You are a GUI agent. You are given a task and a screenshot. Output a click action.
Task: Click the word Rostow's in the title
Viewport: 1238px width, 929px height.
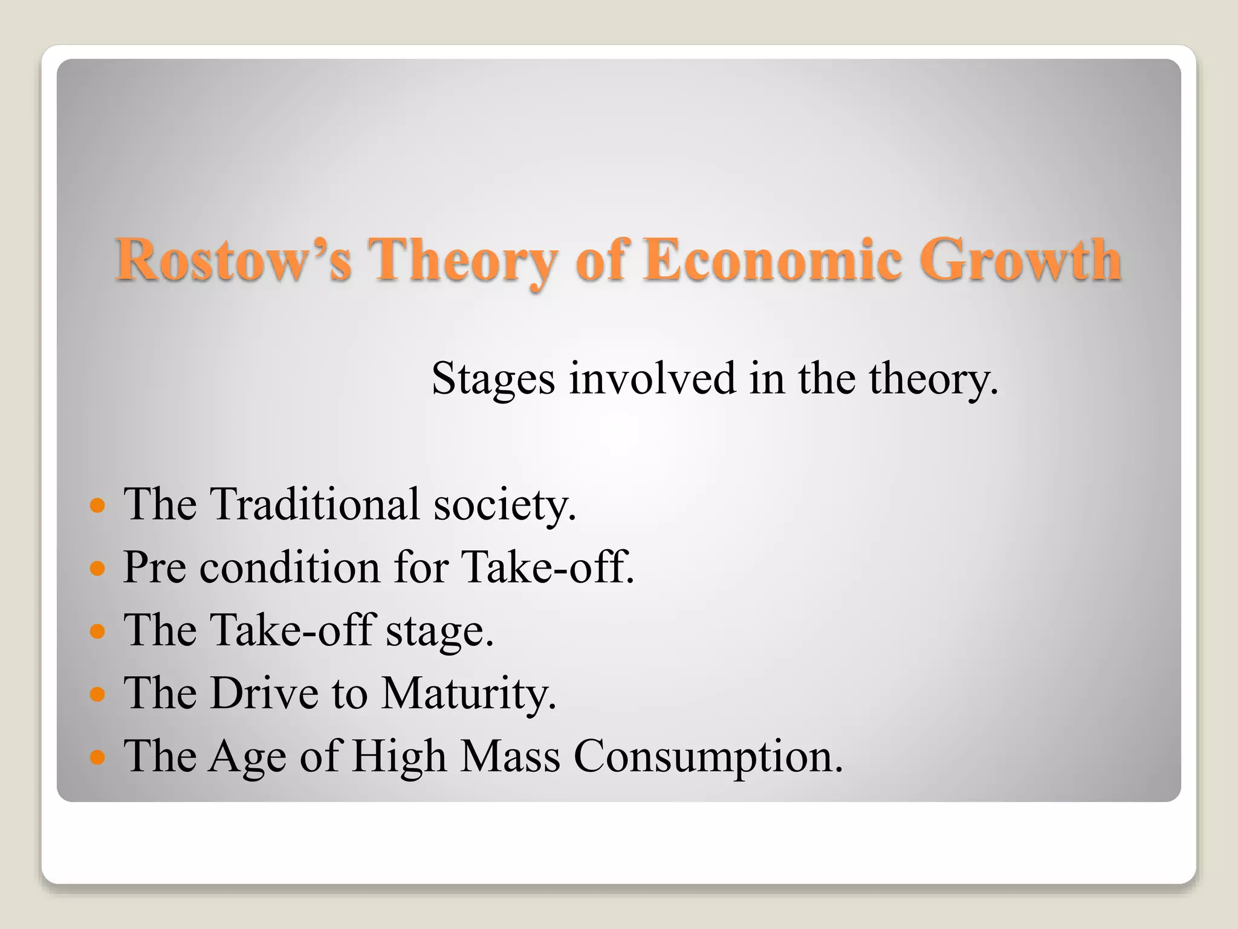click(x=233, y=260)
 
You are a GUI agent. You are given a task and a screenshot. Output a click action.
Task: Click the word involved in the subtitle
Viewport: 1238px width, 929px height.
click(x=652, y=379)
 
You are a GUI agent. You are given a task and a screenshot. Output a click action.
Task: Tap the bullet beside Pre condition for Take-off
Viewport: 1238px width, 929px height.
click(x=97, y=568)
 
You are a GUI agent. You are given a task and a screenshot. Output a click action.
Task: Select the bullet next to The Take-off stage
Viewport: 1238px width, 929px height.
click(x=97, y=631)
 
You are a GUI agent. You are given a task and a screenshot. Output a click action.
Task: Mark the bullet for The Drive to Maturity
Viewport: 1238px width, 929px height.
click(x=97, y=694)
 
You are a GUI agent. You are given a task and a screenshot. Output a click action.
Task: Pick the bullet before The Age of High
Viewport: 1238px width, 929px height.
click(x=97, y=757)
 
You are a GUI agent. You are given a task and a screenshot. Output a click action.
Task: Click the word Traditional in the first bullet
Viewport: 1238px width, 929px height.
click(x=314, y=504)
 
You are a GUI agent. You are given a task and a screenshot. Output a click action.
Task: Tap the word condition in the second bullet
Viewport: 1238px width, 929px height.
click(x=290, y=567)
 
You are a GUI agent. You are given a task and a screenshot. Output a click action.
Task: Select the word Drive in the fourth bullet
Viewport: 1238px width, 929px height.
click(x=264, y=693)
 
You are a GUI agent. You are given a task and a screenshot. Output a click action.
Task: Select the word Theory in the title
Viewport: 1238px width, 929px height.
click(x=462, y=260)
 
